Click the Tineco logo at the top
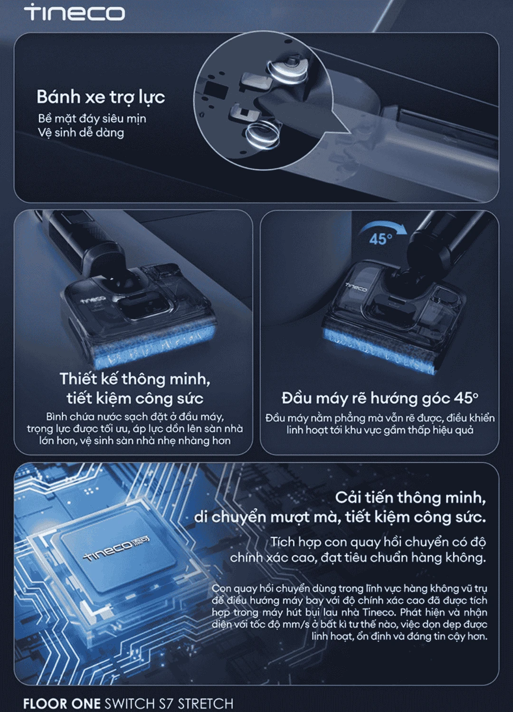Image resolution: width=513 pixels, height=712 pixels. pyautogui.click(x=75, y=12)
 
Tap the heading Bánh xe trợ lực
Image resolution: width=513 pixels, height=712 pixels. pyautogui.click(x=101, y=97)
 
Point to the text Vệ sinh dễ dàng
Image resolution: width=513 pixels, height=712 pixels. pyautogui.click(x=81, y=132)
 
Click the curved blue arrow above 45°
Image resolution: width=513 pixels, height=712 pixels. pyautogui.click(x=381, y=226)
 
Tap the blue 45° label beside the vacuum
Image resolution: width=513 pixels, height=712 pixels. pyautogui.click(x=380, y=239)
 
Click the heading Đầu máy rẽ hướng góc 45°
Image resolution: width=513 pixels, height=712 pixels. pyautogui.click(x=380, y=398)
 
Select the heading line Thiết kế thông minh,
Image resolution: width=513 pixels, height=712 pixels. pyautogui.click(x=135, y=379)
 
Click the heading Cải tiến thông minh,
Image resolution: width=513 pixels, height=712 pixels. pyautogui.click(x=410, y=497)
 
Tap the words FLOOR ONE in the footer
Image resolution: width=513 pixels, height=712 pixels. pyautogui.click(x=62, y=703)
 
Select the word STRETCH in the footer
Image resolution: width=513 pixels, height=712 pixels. pyautogui.click(x=206, y=703)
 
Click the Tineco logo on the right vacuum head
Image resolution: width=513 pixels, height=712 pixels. pyautogui.click(x=356, y=287)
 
